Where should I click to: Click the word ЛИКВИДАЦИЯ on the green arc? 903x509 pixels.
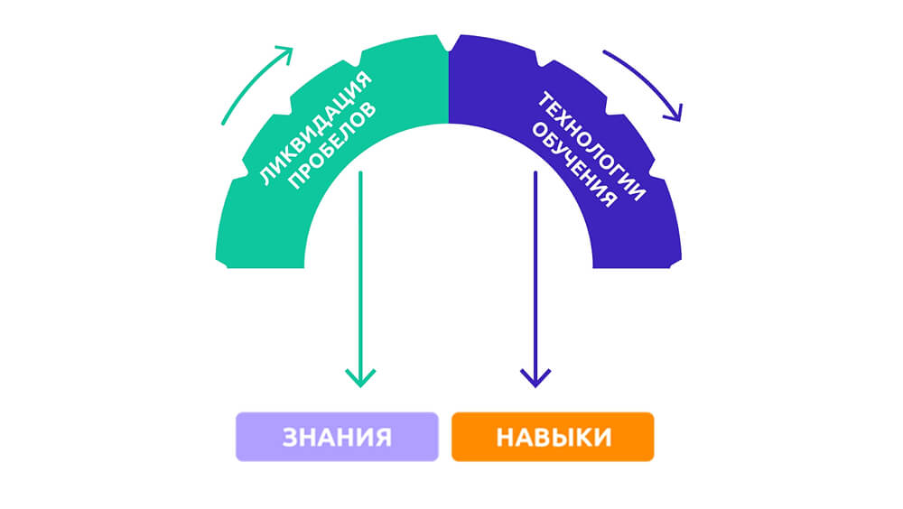click(315, 129)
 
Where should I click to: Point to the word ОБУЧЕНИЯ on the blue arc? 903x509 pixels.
click(573, 164)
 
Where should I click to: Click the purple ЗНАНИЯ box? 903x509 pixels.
click(337, 437)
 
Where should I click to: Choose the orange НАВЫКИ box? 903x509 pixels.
click(553, 437)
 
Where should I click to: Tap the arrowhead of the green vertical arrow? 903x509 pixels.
click(360, 378)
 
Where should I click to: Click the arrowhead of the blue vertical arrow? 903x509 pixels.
click(535, 378)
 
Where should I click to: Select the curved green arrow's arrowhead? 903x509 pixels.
click(285, 53)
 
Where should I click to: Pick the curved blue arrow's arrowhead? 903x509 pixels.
click(675, 113)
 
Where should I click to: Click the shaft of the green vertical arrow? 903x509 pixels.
click(360, 276)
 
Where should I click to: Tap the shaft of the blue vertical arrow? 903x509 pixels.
click(535, 276)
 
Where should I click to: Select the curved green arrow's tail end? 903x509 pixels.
click(223, 124)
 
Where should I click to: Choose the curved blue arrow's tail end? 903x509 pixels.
click(604, 51)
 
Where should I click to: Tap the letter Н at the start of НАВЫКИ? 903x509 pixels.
click(506, 438)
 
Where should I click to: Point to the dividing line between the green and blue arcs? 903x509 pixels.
click(449, 88)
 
